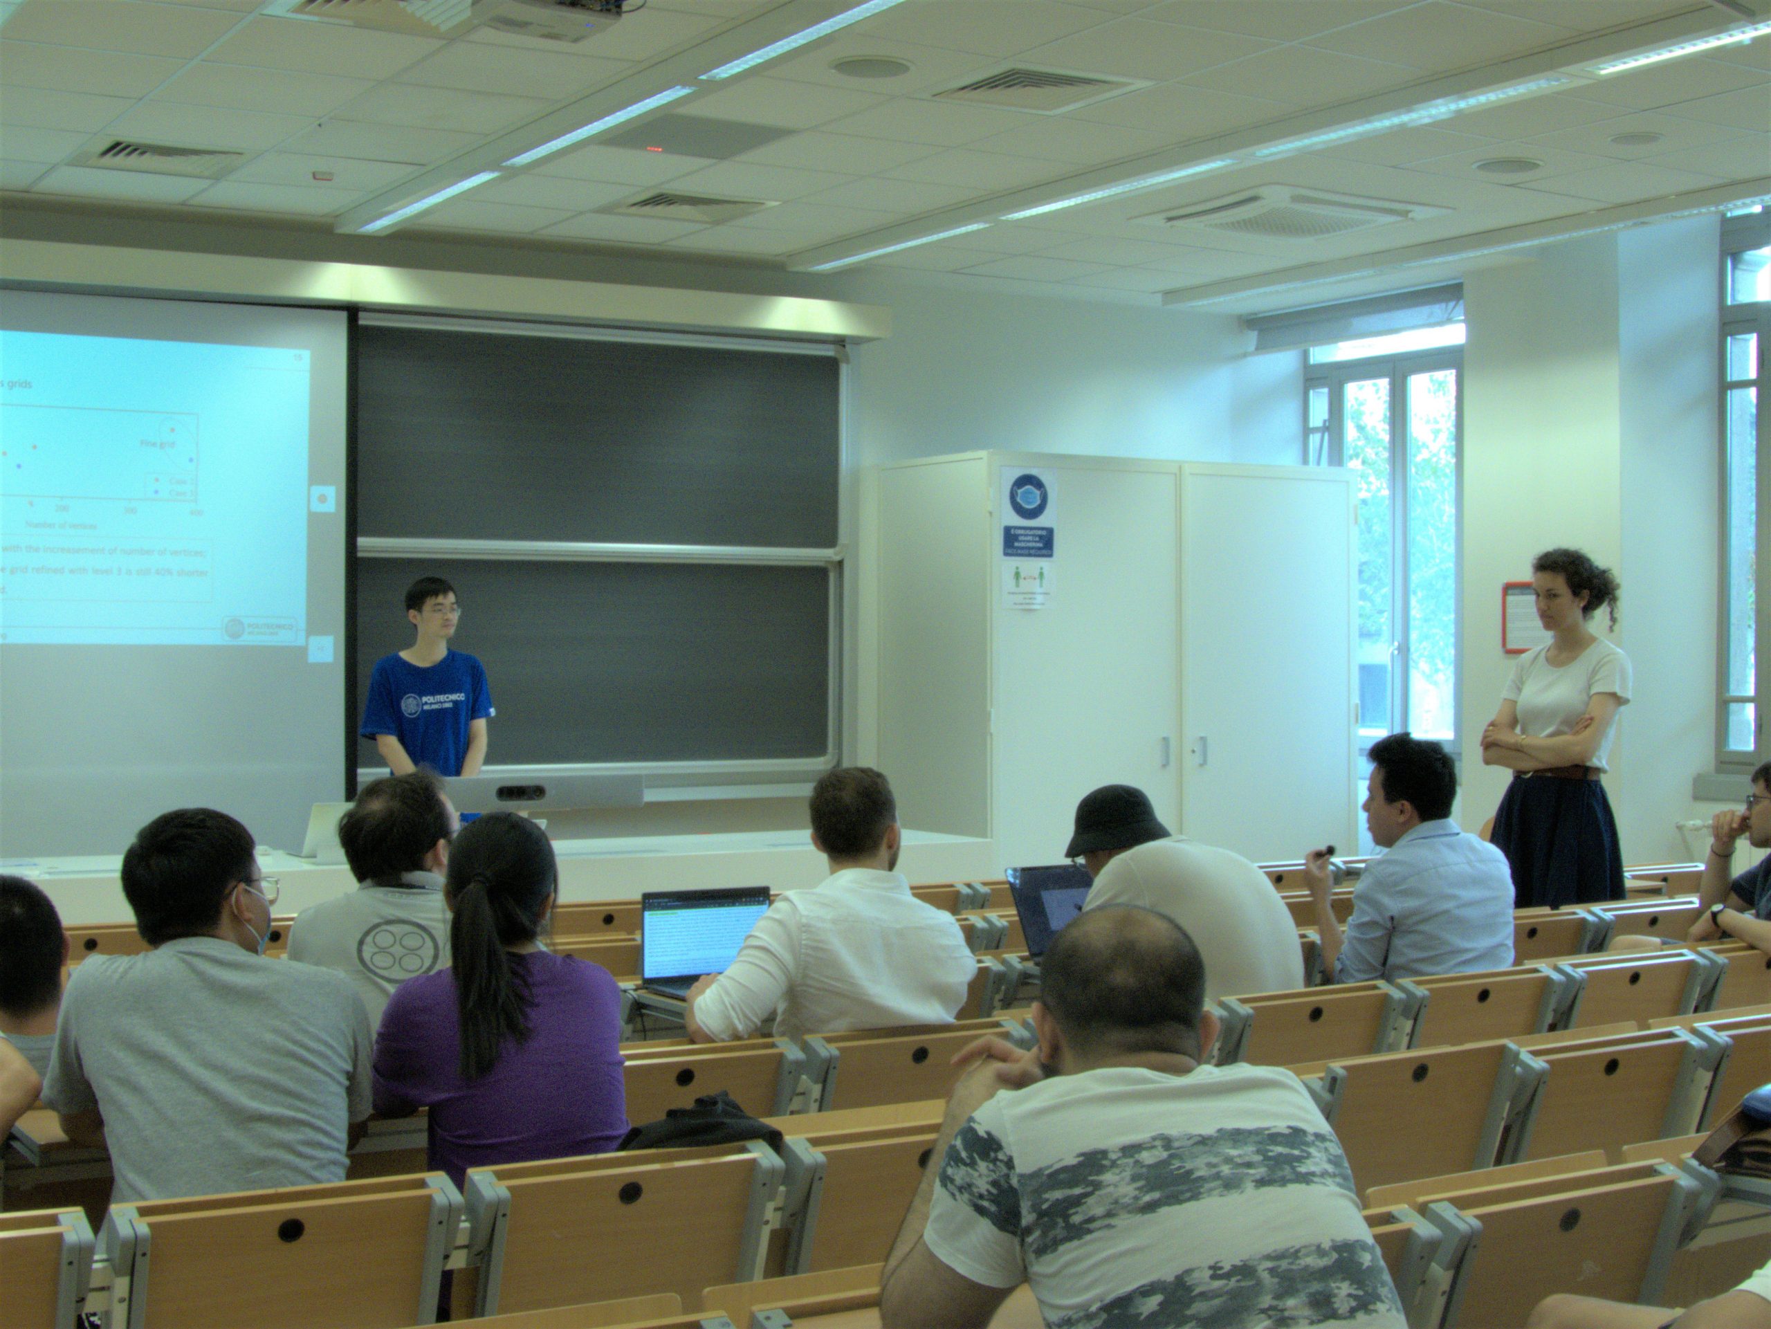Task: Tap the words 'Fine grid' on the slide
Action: click(x=158, y=443)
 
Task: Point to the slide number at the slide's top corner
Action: click(x=298, y=357)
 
